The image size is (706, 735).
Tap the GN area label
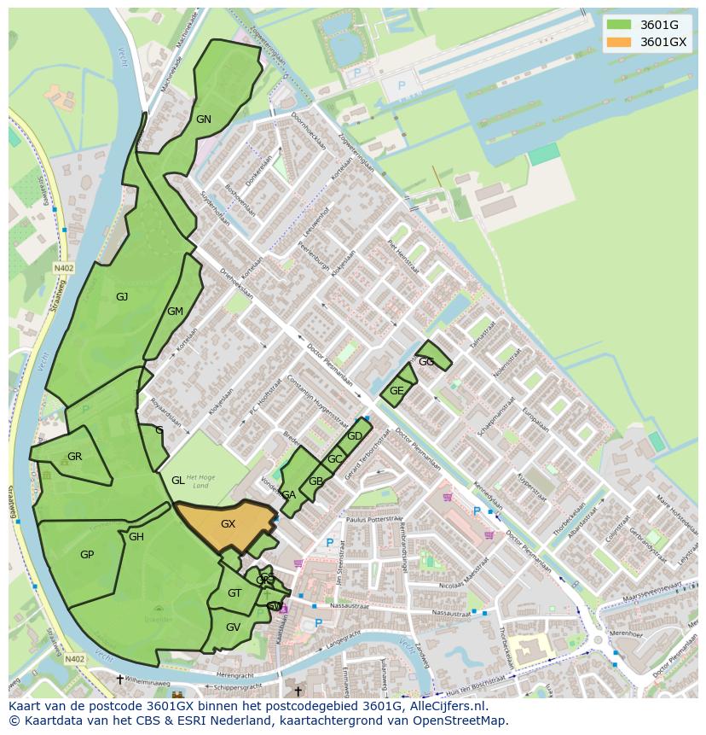click(x=203, y=120)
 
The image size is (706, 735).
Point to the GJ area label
click(x=122, y=297)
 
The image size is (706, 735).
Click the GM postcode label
click(x=175, y=312)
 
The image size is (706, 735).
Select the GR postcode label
click(x=74, y=457)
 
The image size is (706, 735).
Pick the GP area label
click(x=86, y=555)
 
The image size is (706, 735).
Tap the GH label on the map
click(x=136, y=537)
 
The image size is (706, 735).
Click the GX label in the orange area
click(x=228, y=524)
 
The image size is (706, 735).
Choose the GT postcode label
click(x=234, y=593)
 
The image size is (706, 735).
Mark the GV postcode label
click(x=233, y=627)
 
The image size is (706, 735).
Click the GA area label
click(x=288, y=495)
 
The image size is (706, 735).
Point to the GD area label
click(x=355, y=436)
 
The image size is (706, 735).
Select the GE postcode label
click(x=396, y=391)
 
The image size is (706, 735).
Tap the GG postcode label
click(x=426, y=362)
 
